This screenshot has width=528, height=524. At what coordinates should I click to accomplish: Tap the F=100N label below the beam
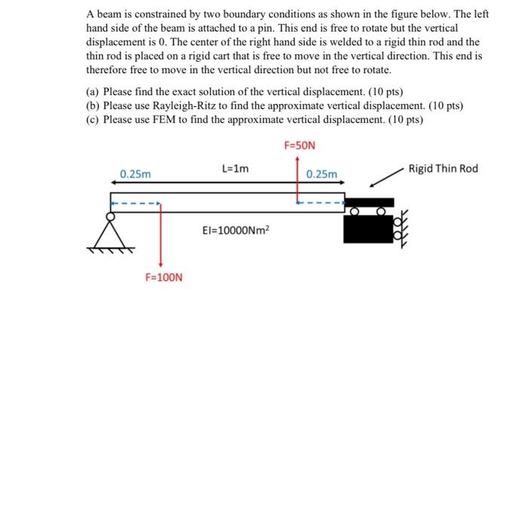click(164, 277)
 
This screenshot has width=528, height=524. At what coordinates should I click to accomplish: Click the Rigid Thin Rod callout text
click(443, 168)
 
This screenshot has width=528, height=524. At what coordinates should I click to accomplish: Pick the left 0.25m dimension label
click(135, 174)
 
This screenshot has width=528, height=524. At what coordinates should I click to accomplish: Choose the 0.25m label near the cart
click(322, 174)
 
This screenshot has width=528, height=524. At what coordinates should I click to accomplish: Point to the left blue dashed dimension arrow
click(135, 202)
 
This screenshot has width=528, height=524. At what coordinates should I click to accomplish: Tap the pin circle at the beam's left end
click(111, 216)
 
